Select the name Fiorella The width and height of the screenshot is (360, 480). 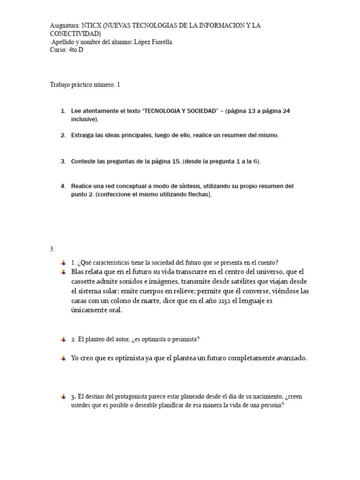pos(162,42)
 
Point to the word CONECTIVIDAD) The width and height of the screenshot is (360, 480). pos(75,34)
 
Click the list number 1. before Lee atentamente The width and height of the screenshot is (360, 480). pos(63,111)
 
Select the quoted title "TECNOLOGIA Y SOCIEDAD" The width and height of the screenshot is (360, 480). pos(181,111)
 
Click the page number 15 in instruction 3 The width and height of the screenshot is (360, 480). pos(176,161)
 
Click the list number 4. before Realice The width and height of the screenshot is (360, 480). pos(63,186)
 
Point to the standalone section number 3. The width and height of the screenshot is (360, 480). pos(52,249)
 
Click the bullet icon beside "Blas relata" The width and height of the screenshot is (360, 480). pos(63,272)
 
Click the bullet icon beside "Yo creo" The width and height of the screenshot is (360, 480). pos(63,358)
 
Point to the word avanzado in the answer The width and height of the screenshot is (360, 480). pos(291,358)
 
